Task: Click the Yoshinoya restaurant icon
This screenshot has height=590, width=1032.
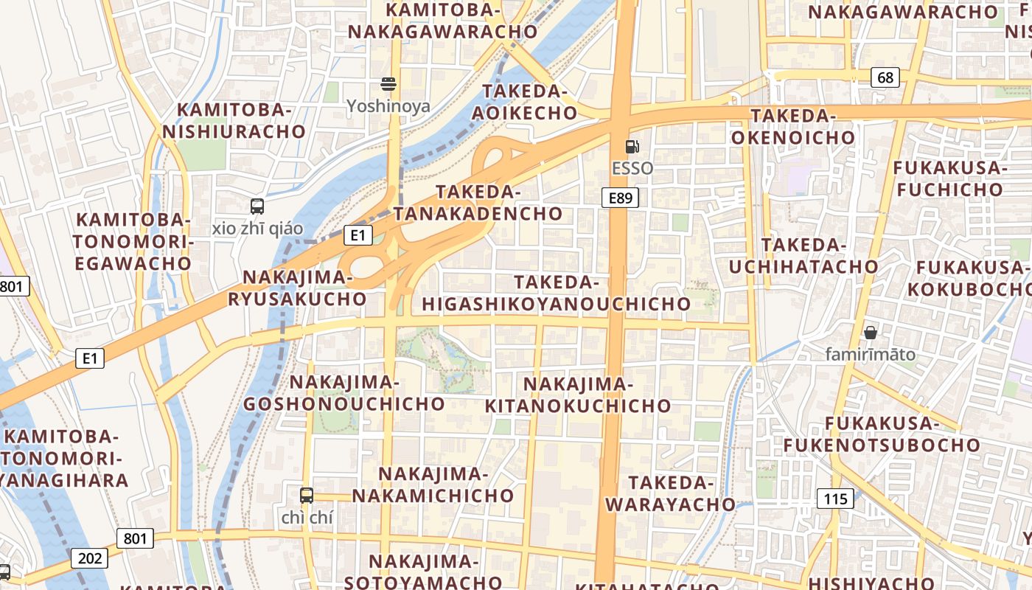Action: click(388, 83)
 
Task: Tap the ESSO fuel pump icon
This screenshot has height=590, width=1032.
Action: click(632, 146)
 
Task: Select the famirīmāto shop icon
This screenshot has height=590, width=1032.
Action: click(871, 333)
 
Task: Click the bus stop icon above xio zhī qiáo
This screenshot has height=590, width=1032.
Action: click(257, 206)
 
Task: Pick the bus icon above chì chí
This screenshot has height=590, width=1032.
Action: click(307, 496)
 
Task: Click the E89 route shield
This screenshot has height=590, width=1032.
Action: click(619, 197)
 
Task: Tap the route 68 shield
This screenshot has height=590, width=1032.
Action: click(885, 77)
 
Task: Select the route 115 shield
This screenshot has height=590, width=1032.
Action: click(835, 499)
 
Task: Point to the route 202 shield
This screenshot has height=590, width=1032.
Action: click(90, 558)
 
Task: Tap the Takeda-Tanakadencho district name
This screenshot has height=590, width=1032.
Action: click(478, 203)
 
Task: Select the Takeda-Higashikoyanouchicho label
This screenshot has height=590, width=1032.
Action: click(556, 293)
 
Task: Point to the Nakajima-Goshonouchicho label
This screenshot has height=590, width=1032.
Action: click(344, 393)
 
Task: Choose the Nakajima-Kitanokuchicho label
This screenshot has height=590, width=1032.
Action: click(578, 395)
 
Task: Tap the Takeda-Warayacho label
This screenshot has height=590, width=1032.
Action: click(671, 493)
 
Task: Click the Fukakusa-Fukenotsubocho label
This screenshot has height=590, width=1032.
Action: click(881, 434)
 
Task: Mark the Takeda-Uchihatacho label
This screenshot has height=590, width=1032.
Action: click(804, 255)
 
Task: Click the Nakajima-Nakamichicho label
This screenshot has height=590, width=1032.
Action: click(433, 485)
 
